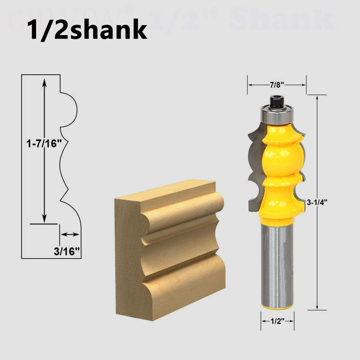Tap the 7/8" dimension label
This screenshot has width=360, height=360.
click(x=276, y=84)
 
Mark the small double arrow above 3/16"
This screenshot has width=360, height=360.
click(x=70, y=234)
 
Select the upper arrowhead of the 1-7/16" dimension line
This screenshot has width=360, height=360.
click(x=44, y=81)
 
